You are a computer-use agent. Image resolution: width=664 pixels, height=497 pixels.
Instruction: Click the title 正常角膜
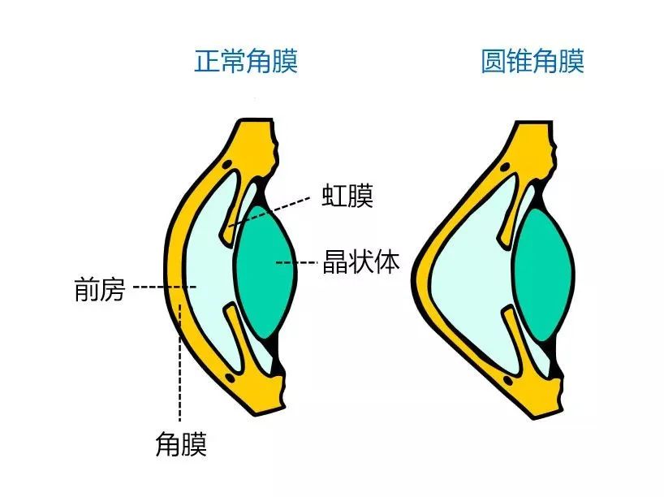(245, 62)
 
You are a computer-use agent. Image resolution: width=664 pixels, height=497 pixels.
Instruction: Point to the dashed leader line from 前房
(162, 287)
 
